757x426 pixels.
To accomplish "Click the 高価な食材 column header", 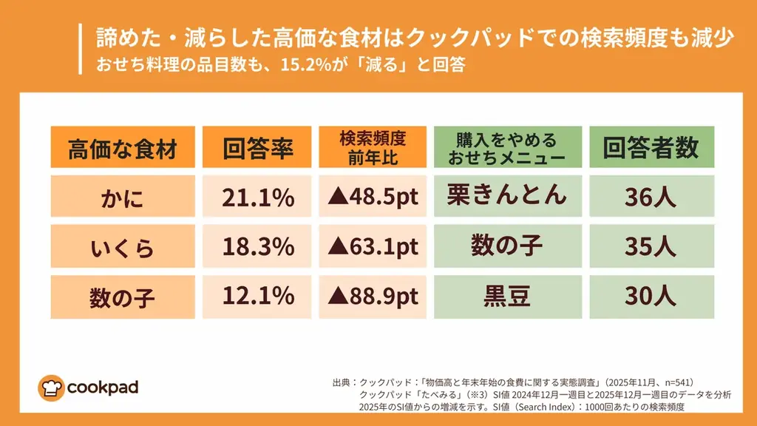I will click(123, 148).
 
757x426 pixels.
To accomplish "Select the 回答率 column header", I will click(258, 148).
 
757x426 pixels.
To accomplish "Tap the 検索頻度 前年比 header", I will click(373, 148).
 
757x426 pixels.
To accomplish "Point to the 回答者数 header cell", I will click(651, 148).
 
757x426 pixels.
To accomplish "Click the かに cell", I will click(123, 197).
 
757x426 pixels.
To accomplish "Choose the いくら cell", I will click(123, 247).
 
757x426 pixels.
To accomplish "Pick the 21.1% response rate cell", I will click(258, 197).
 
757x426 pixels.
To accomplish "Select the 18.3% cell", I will click(258, 247).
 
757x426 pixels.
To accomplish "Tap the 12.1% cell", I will click(258, 297).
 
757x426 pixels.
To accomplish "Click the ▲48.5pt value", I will click(373, 197).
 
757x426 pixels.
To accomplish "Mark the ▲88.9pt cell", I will click(373, 297).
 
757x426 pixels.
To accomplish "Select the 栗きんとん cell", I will click(507, 194).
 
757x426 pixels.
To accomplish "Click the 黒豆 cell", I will click(507, 297).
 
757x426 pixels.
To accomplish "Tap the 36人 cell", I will click(651, 197).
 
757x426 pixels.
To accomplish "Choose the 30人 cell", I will click(651, 297).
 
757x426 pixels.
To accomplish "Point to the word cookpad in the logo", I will click(102, 387).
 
